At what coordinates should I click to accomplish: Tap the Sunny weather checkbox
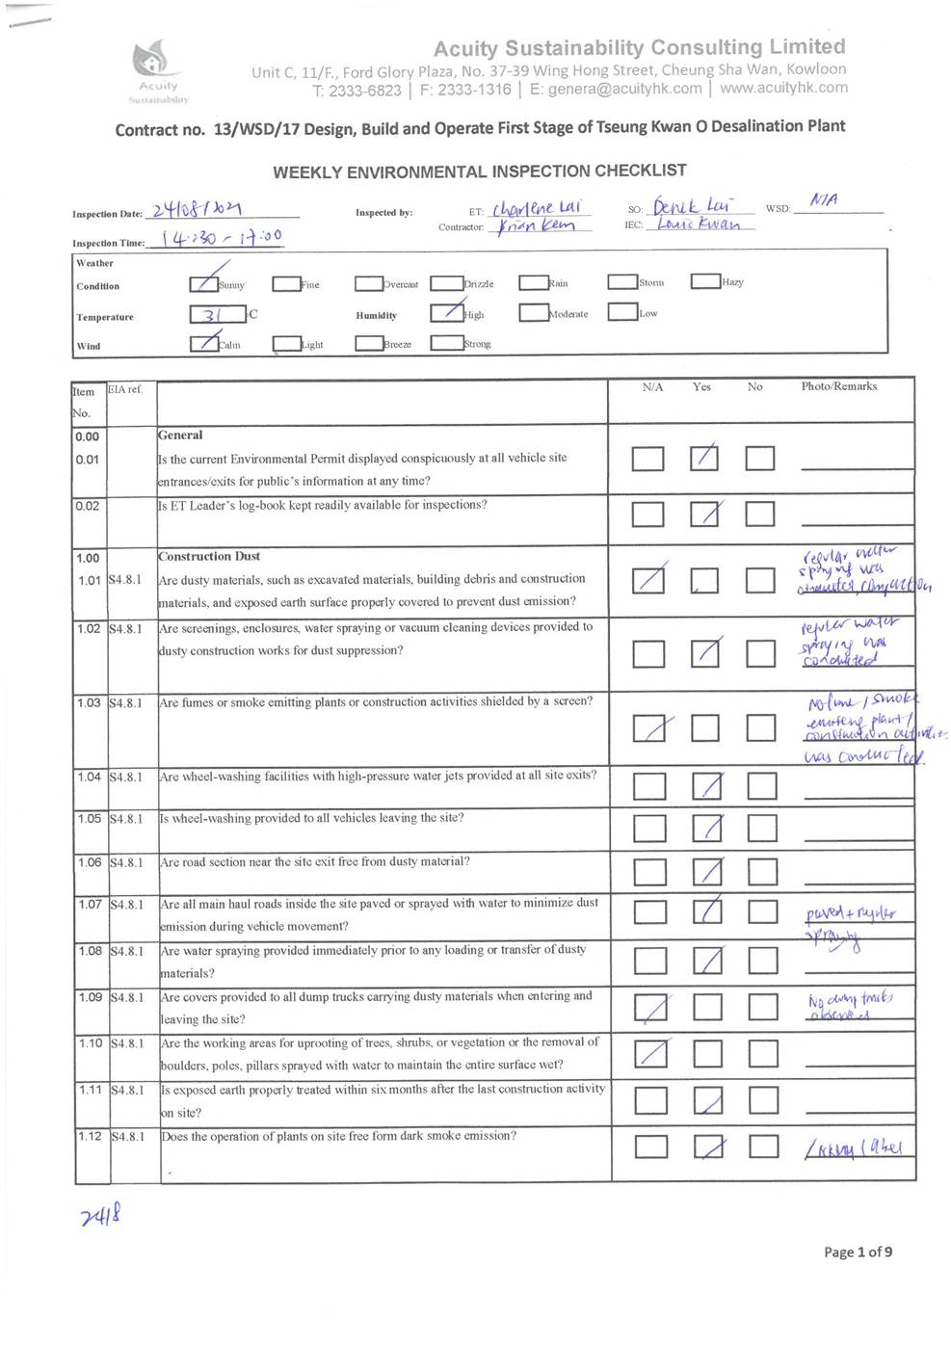click(203, 283)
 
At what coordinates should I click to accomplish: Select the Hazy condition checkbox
click(705, 281)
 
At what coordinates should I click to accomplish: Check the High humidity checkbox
click(447, 312)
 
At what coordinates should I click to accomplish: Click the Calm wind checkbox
click(203, 343)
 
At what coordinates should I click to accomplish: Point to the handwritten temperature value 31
click(214, 315)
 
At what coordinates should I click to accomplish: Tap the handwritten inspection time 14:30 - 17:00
click(222, 238)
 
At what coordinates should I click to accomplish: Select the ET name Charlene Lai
click(537, 208)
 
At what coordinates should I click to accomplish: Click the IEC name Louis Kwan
click(699, 224)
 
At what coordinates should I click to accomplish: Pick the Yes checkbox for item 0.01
click(704, 459)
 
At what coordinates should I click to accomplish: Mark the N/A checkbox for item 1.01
click(648, 580)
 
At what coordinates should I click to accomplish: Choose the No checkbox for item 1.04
click(762, 787)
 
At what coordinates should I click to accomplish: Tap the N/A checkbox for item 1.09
click(651, 1007)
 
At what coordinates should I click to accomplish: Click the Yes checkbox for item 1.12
click(709, 1147)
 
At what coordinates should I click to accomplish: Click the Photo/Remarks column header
click(838, 386)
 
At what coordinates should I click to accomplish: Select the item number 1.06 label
click(90, 862)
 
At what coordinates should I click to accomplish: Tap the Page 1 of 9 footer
click(858, 1252)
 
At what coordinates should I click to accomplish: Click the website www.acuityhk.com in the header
click(783, 88)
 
